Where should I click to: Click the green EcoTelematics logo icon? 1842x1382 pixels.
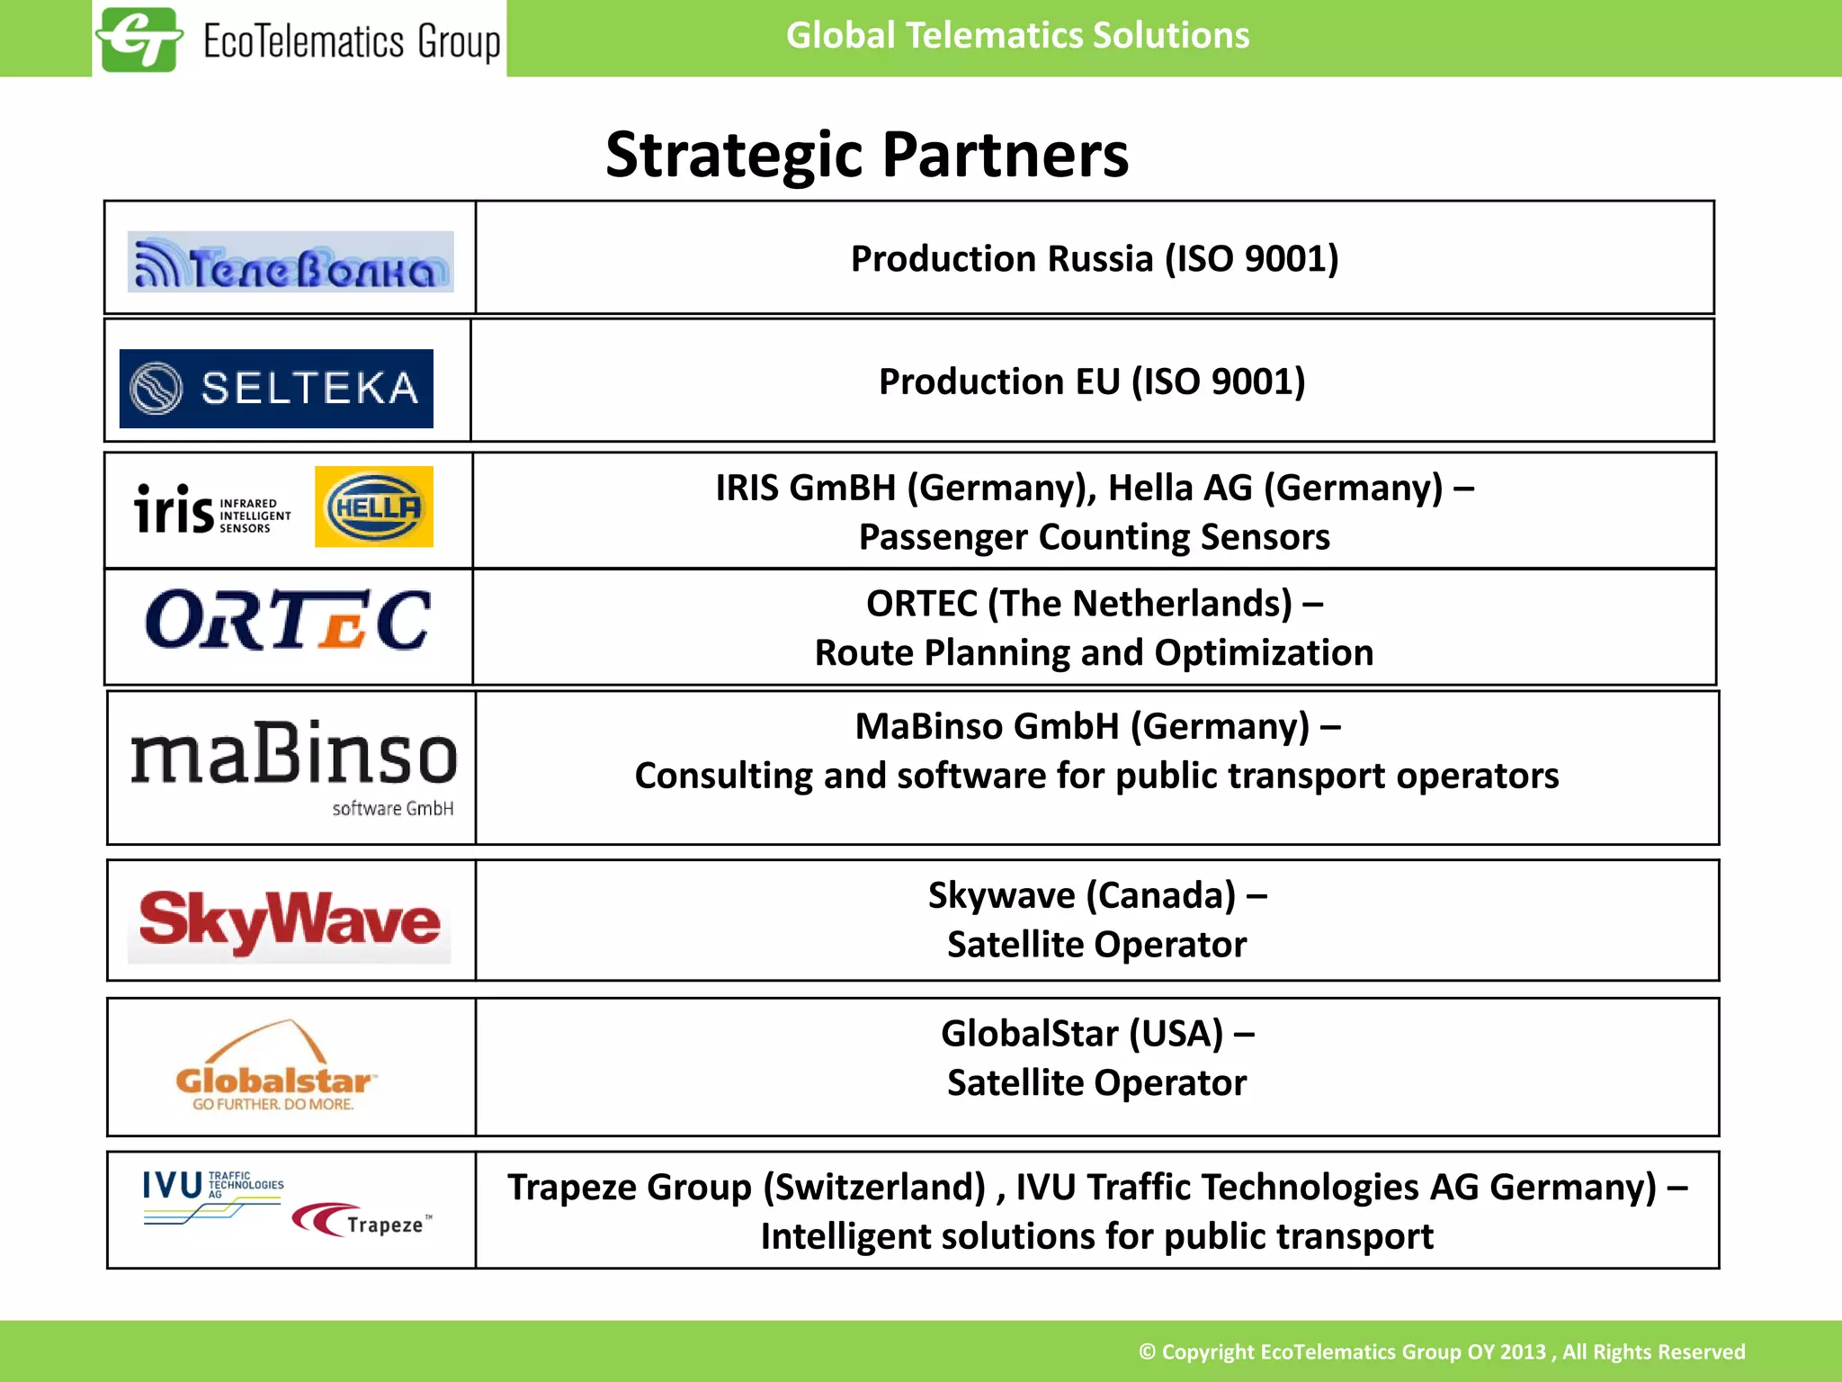click(139, 40)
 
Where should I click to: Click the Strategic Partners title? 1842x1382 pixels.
click(866, 155)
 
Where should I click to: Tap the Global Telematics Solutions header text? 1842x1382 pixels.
click(1017, 36)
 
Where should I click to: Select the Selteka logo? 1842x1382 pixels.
click(276, 388)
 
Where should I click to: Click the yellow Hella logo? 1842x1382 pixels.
click(374, 507)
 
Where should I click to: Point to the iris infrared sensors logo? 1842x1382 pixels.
click(212, 510)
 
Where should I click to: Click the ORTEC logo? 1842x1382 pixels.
click(288, 621)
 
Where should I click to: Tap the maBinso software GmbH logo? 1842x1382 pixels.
click(293, 766)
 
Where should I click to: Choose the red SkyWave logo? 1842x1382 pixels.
click(290, 921)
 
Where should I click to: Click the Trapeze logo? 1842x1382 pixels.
click(362, 1221)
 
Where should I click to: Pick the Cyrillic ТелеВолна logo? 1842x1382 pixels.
click(291, 263)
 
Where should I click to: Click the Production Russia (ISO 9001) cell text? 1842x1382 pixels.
click(1095, 259)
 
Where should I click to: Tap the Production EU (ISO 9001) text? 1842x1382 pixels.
click(1092, 381)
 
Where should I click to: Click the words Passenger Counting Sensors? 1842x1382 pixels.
click(1094, 537)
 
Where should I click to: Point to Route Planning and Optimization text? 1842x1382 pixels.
click(1094, 653)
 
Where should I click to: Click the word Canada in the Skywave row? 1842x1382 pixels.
click(1160, 896)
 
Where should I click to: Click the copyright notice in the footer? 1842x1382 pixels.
click(1441, 1351)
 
